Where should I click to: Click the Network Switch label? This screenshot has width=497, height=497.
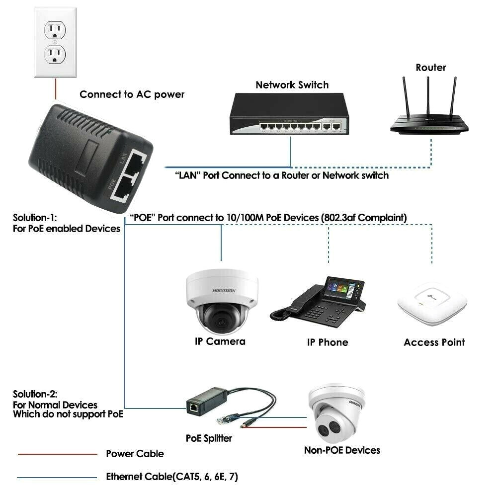pyautogui.click(x=292, y=85)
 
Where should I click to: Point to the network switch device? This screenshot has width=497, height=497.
pyautogui.click(x=288, y=116)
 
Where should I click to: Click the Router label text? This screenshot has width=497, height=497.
pyautogui.click(x=431, y=68)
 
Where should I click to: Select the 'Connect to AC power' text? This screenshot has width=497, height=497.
pyautogui.click(x=132, y=94)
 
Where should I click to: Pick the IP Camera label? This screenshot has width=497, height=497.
pyautogui.click(x=220, y=341)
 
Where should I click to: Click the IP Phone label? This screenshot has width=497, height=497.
pyautogui.click(x=327, y=342)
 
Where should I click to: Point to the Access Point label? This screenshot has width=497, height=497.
pyautogui.click(x=434, y=342)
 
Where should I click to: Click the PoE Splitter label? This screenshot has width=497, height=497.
pyautogui.click(x=209, y=438)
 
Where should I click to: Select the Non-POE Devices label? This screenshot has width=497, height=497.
pyautogui.click(x=342, y=450)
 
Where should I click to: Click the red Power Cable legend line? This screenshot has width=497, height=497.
pyautogui.click(x=57, y=454)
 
